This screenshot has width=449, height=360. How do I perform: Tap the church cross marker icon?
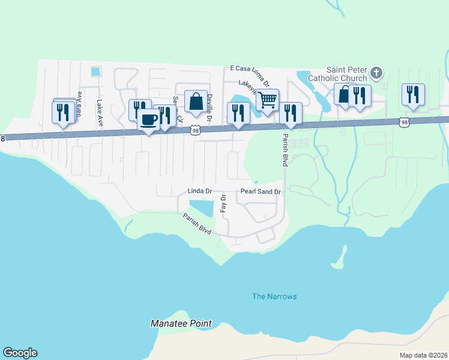click(376, 73)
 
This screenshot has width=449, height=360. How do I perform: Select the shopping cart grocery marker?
click(267, 100)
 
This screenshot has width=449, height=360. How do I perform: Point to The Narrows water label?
click(274, 296)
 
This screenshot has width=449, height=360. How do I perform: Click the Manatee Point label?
click(181, 323)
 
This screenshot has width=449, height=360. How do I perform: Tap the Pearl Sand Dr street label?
click(261, 192)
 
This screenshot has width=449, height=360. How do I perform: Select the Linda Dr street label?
click(200, 191)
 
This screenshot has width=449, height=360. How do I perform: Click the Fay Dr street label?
click(223, 203)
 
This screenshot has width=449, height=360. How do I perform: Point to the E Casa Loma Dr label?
click(250, 70)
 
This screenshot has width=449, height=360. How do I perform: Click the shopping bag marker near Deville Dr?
click(196, 101)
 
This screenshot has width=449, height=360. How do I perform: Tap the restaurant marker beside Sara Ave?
click(63, 112)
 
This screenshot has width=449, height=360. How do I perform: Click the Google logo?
click(19, 353)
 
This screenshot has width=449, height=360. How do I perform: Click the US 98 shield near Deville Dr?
click(194, 129)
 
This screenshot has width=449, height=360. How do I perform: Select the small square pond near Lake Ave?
click(95, 71)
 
